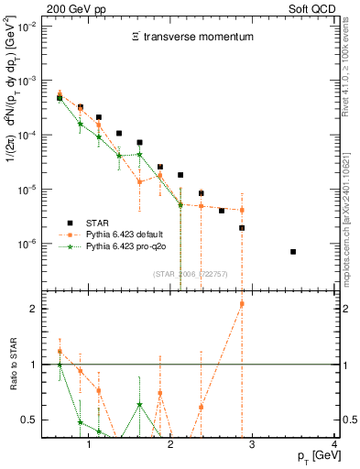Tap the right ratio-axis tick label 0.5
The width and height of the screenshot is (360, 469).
[x=349, y=420]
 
